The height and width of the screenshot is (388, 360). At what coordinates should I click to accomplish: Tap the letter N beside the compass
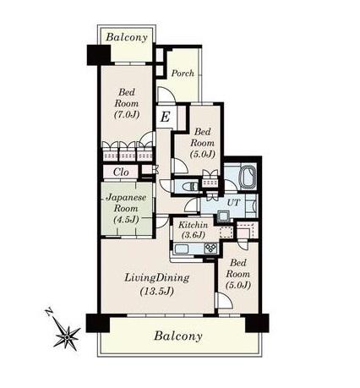tap(49, 312)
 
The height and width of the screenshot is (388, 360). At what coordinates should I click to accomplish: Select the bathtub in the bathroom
tap(248, 177)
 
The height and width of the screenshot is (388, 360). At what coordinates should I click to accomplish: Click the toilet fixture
tap(189, 186)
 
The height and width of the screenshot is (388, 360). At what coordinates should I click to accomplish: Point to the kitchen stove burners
tap(210, 248)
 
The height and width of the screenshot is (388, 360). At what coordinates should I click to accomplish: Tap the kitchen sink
tap(183, 249)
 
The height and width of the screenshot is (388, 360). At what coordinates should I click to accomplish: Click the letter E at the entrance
tap(165, 117)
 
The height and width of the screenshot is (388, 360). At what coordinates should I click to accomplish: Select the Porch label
tap(183, 74)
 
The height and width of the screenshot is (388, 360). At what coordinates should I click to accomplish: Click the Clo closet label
tap(121, 172)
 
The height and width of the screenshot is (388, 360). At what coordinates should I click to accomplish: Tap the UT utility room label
tap(234, 202)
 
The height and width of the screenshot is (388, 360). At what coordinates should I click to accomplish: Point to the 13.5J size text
tap(156, 291)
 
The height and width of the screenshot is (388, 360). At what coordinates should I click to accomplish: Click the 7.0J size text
tap(127, 114)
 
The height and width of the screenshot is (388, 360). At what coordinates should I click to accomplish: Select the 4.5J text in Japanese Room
tap(126, 219)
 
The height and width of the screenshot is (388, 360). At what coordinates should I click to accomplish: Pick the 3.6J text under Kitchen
tap(194, 234)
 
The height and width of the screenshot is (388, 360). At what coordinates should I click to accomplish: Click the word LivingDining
tap(156, 278)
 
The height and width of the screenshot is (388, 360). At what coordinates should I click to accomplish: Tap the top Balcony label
tap(127, 37)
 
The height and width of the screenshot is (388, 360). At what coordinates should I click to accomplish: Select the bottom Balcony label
tap(178, 336)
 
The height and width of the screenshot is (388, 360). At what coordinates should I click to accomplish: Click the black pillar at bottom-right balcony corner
tap(257, 323)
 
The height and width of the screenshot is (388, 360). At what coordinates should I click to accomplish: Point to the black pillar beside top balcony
tap(98, 55)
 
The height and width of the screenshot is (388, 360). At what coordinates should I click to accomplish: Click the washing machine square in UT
tap(223, 216)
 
